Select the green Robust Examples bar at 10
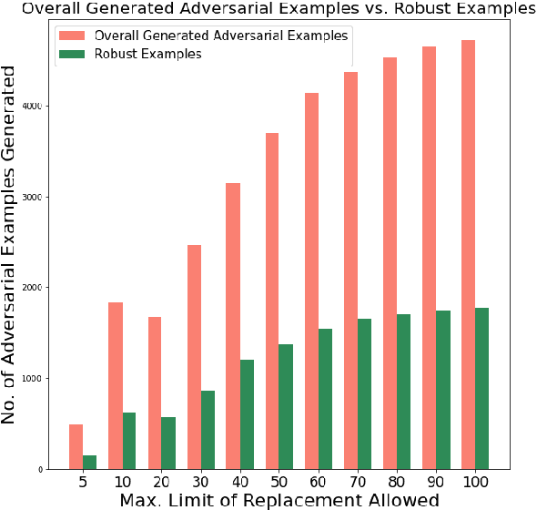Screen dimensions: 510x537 [x=129, y=441]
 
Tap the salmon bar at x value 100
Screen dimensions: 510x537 [x=469, y=255]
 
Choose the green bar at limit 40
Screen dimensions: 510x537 [x=247, y=414]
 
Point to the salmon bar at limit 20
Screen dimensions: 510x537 [x=154, y=393]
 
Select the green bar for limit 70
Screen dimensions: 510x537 [x=364, y=393]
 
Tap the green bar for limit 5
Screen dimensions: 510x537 [x=89, y=462]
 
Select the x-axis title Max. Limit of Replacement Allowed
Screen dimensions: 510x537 [x=279, y=500]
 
